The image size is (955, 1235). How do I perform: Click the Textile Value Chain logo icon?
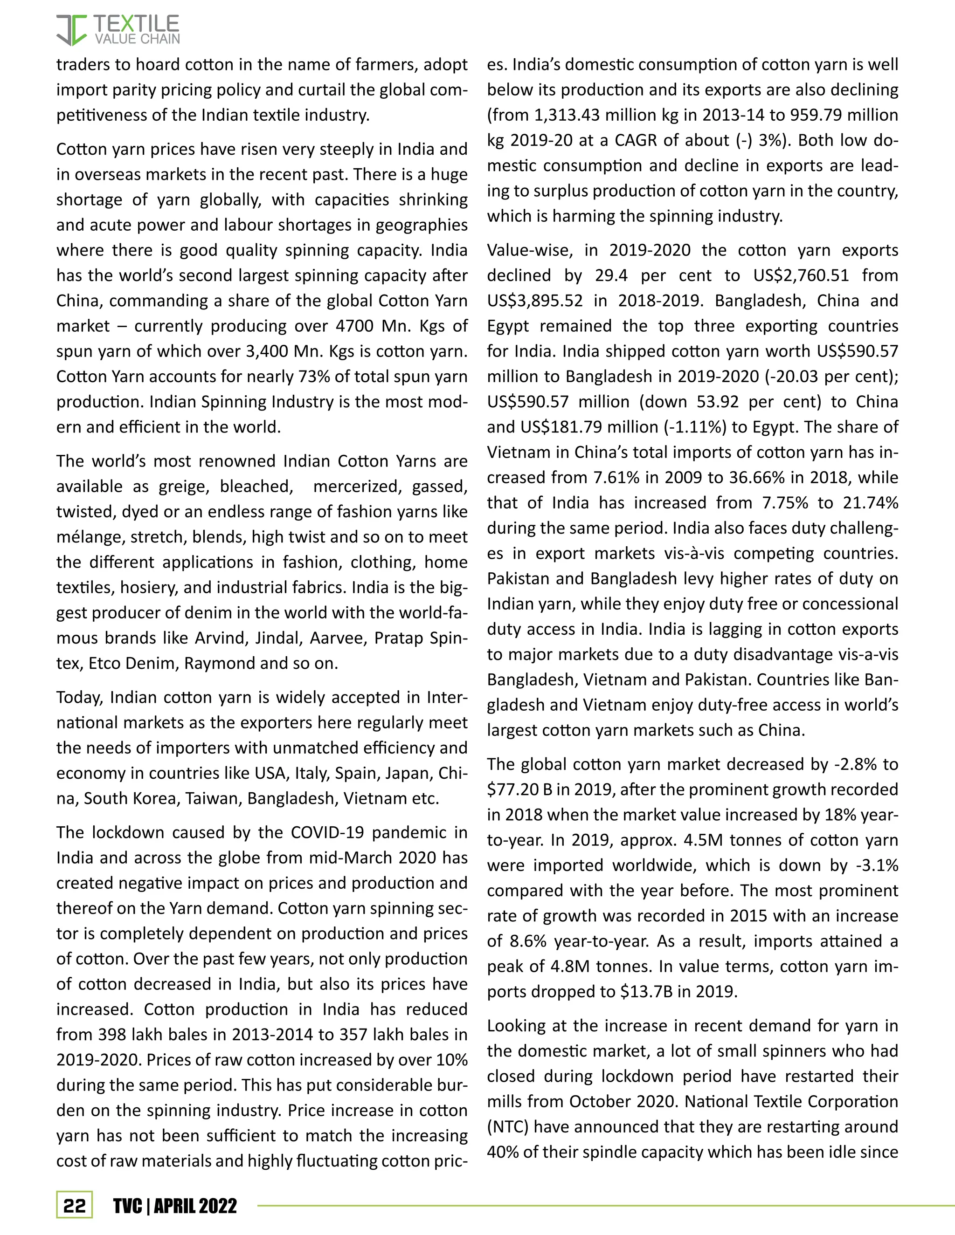(x=71, y=30)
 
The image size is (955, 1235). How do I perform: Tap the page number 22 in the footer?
(x=74, y=1206)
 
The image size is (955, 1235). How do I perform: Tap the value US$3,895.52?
(x=535, y=301)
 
